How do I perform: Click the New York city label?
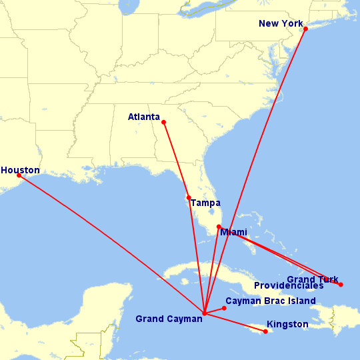[280, 24]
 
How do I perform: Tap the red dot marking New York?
[305, 29]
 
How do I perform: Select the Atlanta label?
[144, 117]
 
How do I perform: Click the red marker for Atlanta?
[164, 122]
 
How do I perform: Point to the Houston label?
[20, 170]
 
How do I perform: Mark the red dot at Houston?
[19, 175]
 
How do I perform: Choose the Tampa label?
[205, 203]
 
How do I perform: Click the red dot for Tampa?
[189, 197]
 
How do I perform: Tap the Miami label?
[233, 232]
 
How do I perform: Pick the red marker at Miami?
[219, 227]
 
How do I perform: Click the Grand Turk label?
[313, 279]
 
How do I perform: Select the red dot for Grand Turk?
[341, 285]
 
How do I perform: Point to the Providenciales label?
[289, 285]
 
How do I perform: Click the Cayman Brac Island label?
[271, 301]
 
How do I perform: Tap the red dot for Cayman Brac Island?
[225, 308]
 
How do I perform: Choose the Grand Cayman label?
[169, 319]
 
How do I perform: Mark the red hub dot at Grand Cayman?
[204, 313]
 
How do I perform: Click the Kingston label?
[287, 325]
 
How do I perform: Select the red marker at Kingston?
[266, 331]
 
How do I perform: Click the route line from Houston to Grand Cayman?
[111, 244]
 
